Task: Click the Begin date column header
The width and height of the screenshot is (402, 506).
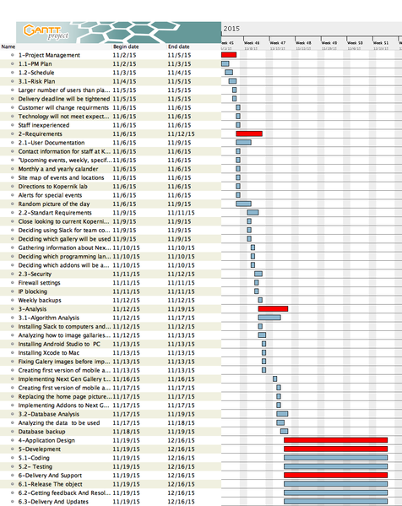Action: click(x=125, y=46)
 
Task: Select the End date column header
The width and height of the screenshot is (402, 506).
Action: click(x=178, y=46)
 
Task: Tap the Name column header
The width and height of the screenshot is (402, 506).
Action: click(x=8, y=46)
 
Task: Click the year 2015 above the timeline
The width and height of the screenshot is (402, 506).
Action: click(x=232, y=28)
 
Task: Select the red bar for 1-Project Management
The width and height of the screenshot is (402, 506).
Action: click(x=228, y=55)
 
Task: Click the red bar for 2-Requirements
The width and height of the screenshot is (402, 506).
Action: click(x=248, y=133)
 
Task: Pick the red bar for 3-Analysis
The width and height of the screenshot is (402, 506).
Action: click(x=272, y=308)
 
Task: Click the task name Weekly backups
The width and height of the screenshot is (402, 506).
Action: click(x=40, y=300)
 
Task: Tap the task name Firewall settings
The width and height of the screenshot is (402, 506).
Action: click(x=39, y=282)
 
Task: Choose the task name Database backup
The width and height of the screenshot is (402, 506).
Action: click(x=42, y=431)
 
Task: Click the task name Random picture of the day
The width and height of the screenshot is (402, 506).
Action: click(x=54, y=204)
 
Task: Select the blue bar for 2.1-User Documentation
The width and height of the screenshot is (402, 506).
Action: click(x=242, y=142)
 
